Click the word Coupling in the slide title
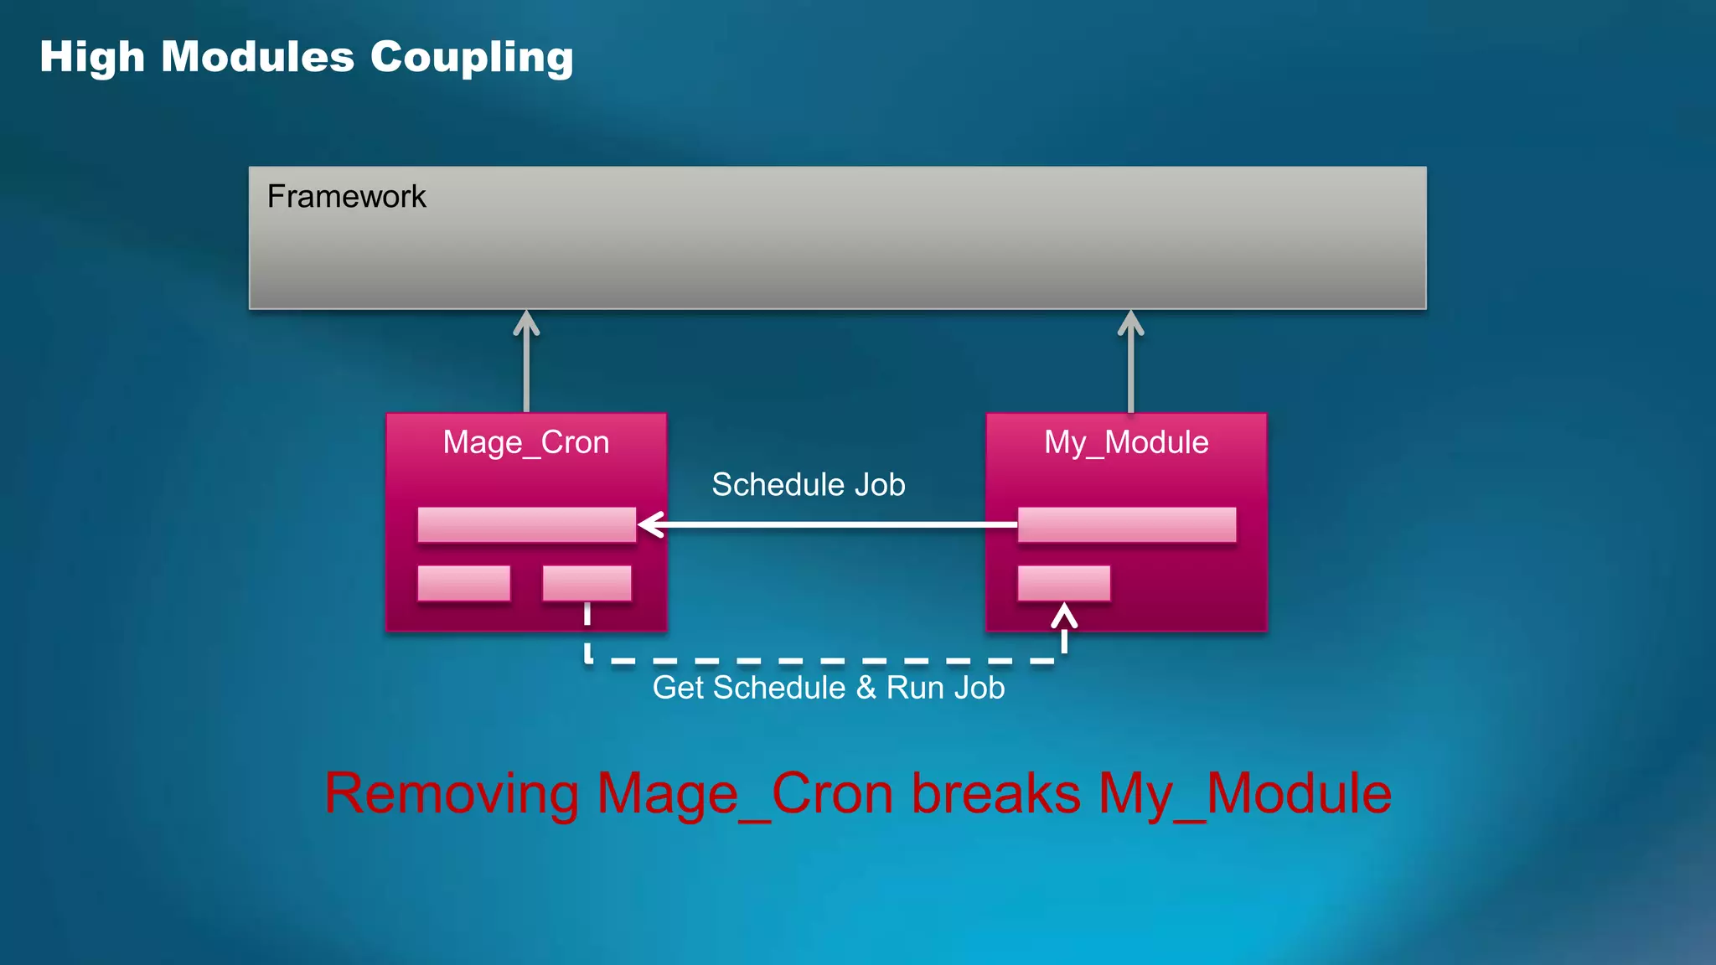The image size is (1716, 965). tap(472, 58)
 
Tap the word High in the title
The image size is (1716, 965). tap(92, 58)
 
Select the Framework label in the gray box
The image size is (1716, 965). tap(346, 197)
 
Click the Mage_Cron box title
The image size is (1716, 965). tap(525, 442)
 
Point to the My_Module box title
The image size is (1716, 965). tap(1126, 442)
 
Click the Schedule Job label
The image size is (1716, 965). tap(808, 485)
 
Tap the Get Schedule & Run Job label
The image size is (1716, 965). tap(828, 688)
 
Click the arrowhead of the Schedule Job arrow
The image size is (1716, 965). tap(649, 525)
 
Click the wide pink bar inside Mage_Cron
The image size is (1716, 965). tap(526, 524)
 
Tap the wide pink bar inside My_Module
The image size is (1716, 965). tap(1126, 524)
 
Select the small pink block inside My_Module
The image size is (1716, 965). tap(1063, 583)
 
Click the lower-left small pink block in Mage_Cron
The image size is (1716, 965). tap(463, 583)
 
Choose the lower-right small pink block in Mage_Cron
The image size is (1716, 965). tap(587, 583)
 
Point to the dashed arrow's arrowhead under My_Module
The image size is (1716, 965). tap(1064, 616)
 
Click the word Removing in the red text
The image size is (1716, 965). tap(451, 793)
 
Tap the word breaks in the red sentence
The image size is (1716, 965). tap(995, 793)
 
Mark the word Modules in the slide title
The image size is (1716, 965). tap(257, 58)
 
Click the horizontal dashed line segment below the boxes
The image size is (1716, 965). tap(825, 661)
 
